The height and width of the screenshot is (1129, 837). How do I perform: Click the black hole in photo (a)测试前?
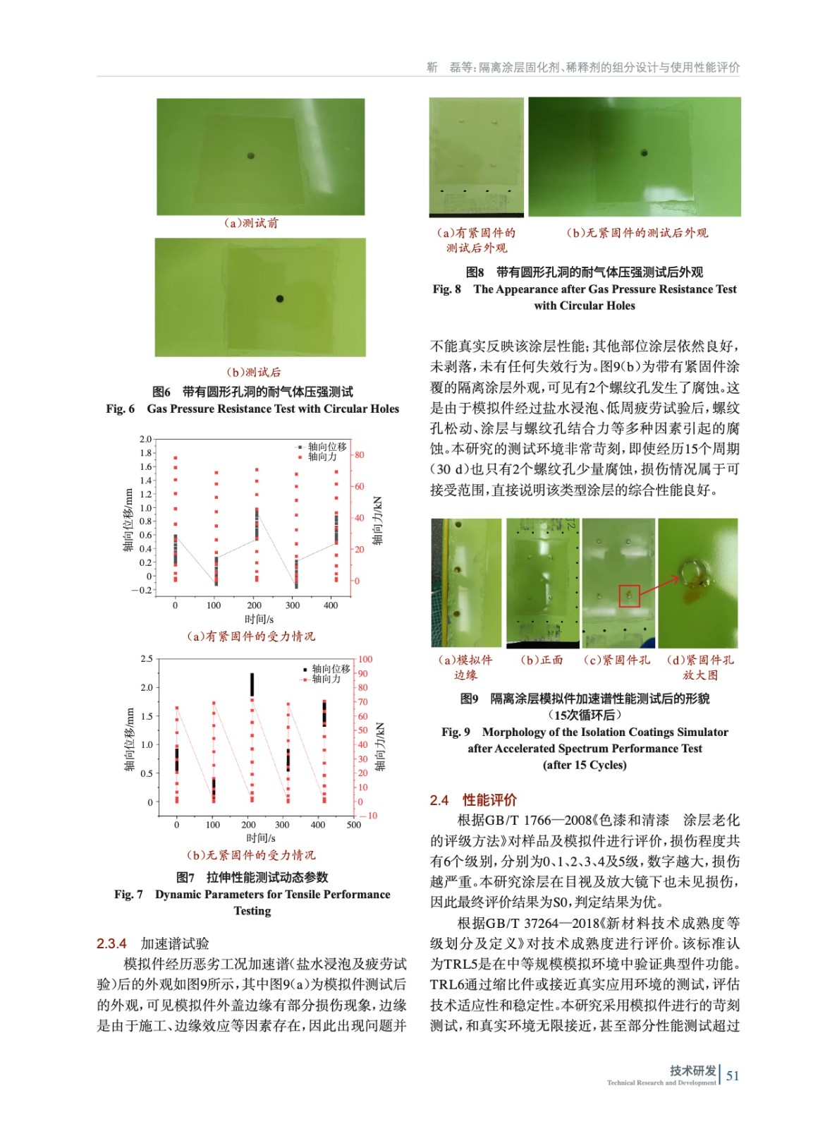(x=250, y=156)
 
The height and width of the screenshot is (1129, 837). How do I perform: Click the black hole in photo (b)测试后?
(x=279, y=299)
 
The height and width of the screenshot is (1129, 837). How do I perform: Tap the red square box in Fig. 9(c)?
(x=629, y=596)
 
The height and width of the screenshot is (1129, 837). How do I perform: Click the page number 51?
(x=733, y=1075)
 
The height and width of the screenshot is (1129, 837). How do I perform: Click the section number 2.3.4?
(x=111, y=943)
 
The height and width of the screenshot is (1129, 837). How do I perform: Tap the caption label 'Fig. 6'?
(x=121, y=409)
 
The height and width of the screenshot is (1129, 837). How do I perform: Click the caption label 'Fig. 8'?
(x=446, y=289)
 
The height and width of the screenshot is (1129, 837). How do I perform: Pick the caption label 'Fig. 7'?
(x=128, y=894)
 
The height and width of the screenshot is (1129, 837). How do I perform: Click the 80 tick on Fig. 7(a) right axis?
(x=360, y=455)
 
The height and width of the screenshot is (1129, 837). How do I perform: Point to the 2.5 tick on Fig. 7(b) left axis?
(x=146, y=659)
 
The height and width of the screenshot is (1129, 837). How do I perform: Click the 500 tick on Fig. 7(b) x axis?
(x=353, y=824)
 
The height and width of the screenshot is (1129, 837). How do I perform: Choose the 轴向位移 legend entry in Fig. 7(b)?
(x=330, y=668)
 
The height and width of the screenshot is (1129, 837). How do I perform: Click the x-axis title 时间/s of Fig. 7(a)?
(x=259, y=620)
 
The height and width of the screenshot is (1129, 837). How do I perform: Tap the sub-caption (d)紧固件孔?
(x=700, y=660)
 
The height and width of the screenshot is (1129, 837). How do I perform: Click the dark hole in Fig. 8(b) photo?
(x=644, y=152)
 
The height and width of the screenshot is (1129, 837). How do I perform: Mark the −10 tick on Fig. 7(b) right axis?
(x=369, y=816)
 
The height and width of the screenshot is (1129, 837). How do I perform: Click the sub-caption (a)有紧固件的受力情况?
(x=252, y=636)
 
